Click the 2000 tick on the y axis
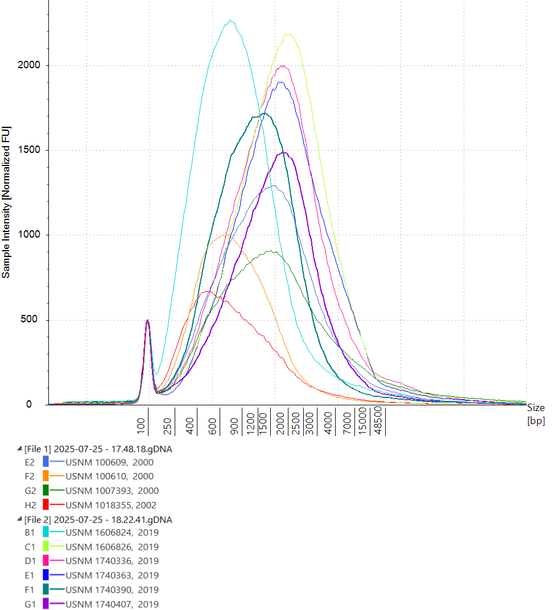coord(29,65)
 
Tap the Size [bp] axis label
coord(535,414)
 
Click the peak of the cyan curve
coord(230,21)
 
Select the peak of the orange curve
coord(225,235)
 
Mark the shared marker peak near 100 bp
coord(147,320)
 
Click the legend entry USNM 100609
coord(109,462)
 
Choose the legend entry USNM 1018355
coord(111,505)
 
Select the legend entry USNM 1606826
coord(112,547)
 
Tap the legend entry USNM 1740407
coord(112,604)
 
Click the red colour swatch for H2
coord(46,505)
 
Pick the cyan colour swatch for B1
coord(46,533)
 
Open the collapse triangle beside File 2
coord(20,520)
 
